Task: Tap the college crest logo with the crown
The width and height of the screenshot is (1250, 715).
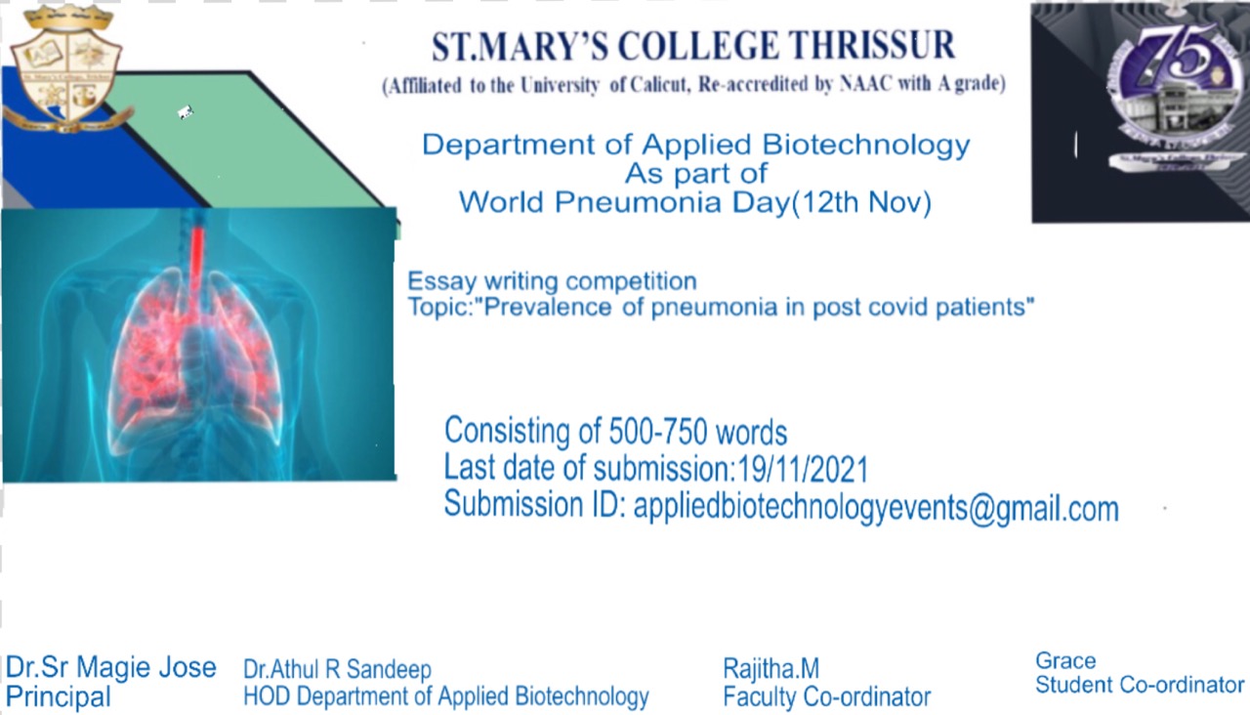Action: coord(67,68)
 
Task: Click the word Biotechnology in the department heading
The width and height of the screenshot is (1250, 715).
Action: coord(866,146)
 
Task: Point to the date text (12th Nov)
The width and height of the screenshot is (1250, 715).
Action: coord(861,202)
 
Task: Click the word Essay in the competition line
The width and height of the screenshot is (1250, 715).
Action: coord(441,281)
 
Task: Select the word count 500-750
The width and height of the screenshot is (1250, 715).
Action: coord(657,432)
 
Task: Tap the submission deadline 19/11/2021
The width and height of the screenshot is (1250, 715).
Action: coord(803,469)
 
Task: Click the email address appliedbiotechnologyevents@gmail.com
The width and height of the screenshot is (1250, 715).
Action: coord(876,509)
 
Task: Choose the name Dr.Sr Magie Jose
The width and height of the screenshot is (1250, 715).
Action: coord(110,667)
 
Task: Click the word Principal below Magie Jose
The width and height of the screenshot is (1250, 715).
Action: coord(58,696)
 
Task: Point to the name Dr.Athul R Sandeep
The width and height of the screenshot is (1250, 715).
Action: coord(337,669)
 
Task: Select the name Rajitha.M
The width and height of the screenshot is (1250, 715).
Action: coord(771,668)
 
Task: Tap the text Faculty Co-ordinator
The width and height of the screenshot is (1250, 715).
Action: coord(827,696)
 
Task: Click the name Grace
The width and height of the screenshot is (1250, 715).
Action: coord(1065,661)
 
